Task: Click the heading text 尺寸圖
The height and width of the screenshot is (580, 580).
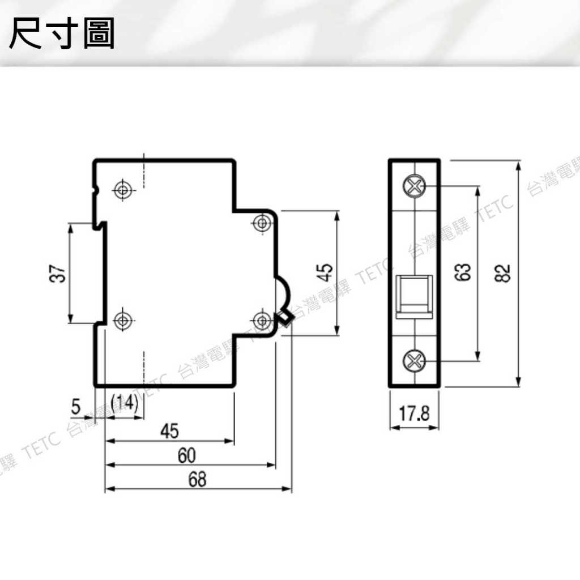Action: pos(62,33)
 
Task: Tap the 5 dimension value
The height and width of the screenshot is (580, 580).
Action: pos(76,406)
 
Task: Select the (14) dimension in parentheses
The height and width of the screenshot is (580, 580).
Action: pos(124,404)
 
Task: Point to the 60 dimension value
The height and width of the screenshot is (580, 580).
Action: pos(187,455)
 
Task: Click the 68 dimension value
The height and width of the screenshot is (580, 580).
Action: pos(197,480)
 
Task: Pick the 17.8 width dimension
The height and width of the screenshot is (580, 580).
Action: pos(414,414)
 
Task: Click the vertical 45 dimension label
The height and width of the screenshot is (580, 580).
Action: pos(324,272)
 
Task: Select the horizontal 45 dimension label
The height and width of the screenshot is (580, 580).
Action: pos(169,432)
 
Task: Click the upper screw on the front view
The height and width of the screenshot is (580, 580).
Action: pos(415,186)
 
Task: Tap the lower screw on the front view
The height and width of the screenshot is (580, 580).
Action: pos(415,360)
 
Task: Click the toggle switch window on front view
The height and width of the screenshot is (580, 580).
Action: pos(415,294)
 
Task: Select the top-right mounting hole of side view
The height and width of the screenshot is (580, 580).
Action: pos(262,223)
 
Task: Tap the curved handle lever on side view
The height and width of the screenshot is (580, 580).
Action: pos(284,295)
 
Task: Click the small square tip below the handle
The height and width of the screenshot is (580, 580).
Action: pos(285,320)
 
